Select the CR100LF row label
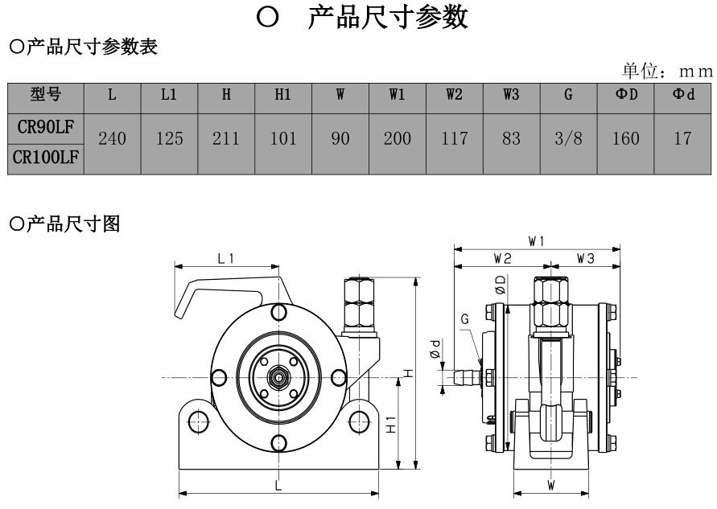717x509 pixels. click(x=46, y=158)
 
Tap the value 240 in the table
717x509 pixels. click(x=112, y=139)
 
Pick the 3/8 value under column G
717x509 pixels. click(x=568, y=139)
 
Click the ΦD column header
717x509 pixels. click(x=625, y=95)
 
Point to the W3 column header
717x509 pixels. click(x=511, y=95)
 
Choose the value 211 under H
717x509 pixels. click(x=226, y=139)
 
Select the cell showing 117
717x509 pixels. click(x=454, y=139)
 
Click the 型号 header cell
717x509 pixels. click(x=46, y=95)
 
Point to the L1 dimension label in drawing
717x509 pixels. click(x=226, y=258)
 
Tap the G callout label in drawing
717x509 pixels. click(x=465, y=319)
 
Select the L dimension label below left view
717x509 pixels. click(x=277, y=486)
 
